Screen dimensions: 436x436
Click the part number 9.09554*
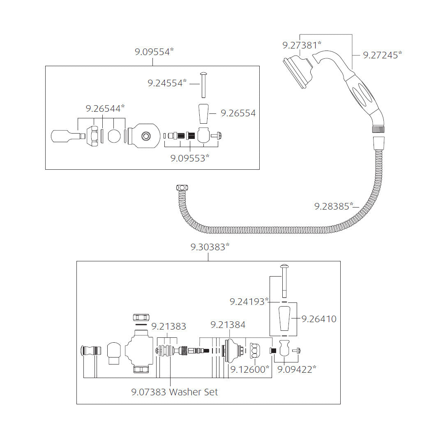pos(155,52)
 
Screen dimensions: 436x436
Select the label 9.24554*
pos(167,83)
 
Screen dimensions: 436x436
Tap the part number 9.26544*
pos(105,108)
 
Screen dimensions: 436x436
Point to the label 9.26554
pos(238,113)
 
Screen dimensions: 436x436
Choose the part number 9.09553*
pos(190,158)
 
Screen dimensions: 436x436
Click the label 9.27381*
pos(302,44)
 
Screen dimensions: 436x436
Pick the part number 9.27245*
pos(382,55)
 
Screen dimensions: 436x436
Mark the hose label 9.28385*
pos(334,206)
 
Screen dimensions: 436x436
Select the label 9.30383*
pos(210,247)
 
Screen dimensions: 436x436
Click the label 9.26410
pos(319,318)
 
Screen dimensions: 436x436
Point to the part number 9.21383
pos(168,327)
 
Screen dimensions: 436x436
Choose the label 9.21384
pos(228,325)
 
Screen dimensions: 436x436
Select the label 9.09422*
pos(297,369)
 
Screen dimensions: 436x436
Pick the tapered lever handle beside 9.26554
pos(204,113)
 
